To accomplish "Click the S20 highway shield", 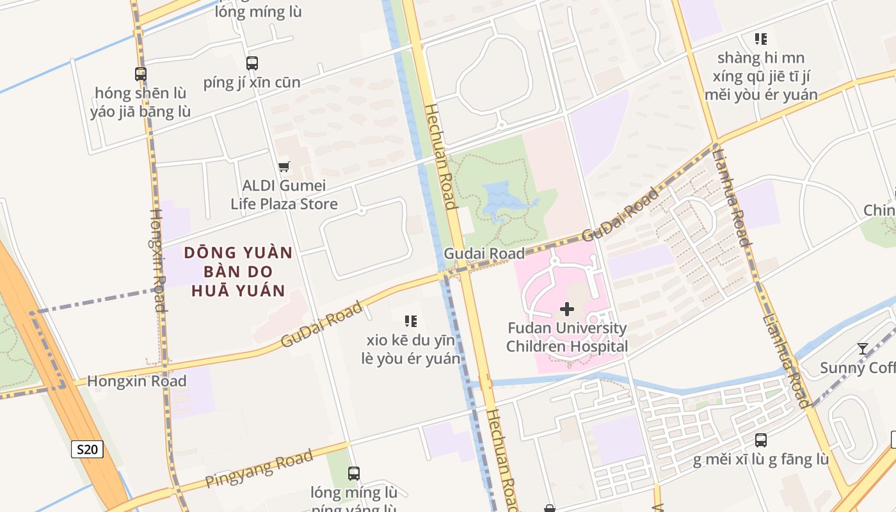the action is [x=87, y=449].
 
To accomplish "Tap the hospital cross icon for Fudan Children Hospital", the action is [x=566, y=310].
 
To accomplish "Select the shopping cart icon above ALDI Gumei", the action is [x=284, y=167].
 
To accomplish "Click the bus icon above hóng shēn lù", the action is [x=141, y=74].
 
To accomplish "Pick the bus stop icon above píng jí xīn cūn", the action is [x=252, y=63].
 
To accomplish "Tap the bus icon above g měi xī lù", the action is [x=761, y=440].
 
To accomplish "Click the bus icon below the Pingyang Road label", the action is [x=354, y=474].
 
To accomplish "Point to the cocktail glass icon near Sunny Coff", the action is [x=863, y=349].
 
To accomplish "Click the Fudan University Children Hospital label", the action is [x=566, y=337].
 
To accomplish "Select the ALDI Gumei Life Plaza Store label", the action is [x=284, y=195].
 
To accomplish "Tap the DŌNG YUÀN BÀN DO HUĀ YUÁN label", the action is [x=238, y=271].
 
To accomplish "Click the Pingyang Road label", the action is [x=259, y=469].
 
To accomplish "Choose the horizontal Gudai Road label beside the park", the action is [x=484, y=253].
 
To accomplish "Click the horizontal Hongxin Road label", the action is [x=136, y=381].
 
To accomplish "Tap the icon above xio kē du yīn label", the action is [x=411, y=321].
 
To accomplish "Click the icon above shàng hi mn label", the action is [x=761, y=39].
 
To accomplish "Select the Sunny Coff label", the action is [x=858, y=368].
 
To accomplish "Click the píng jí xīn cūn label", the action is [x=252, y=83].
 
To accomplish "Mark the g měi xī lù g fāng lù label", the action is [x=761, y=460].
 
